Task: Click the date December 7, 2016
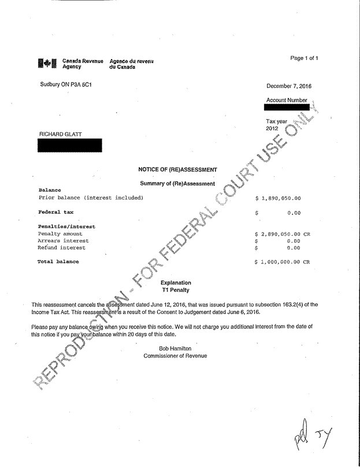289,86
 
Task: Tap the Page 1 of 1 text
304,58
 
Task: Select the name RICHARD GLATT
60,135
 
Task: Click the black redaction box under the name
69,145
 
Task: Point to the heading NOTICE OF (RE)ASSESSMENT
177,170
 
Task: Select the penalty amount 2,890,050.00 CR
283,233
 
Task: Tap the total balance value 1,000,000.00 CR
283,262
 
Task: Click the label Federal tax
55,212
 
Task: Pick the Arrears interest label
63,240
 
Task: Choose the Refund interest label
61,247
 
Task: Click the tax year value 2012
272,128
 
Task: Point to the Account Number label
287,101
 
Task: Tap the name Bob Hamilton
175,348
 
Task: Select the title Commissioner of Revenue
175,355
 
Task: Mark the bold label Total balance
58,261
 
